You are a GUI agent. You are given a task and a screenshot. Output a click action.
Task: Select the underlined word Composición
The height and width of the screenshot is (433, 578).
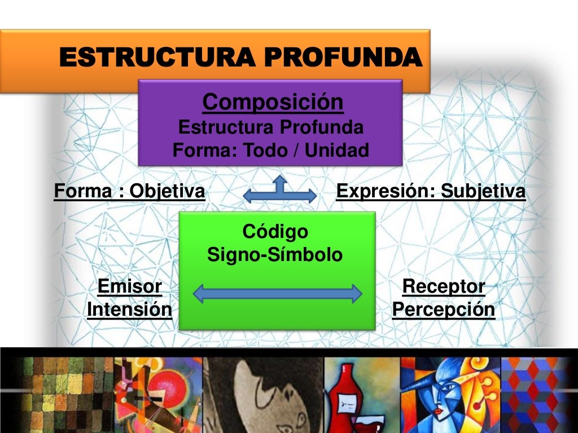pos(272,102)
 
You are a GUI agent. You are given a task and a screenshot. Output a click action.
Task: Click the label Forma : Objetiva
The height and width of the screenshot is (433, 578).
pos(129,192)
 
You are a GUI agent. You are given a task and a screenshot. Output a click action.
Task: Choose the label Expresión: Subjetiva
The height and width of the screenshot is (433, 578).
pos(431,192)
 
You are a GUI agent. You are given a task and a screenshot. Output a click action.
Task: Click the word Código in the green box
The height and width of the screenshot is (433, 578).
pos(275,231)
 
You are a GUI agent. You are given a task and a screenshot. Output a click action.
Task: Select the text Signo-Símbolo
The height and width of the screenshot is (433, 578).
pos(275,255)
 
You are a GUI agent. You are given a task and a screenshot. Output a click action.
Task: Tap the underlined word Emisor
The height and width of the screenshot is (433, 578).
pos(129,286)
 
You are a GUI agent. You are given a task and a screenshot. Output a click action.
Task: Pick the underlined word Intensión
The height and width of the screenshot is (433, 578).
pos(129,310)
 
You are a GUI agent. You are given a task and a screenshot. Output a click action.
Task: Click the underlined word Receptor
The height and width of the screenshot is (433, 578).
pos(443,286)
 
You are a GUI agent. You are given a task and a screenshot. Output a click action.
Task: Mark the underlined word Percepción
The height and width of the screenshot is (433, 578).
pos(443,310)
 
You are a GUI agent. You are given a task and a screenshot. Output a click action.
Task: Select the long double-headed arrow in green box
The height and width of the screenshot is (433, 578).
pos(277,293)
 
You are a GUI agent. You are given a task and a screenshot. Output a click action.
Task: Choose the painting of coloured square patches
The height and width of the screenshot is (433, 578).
pos(56,395)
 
